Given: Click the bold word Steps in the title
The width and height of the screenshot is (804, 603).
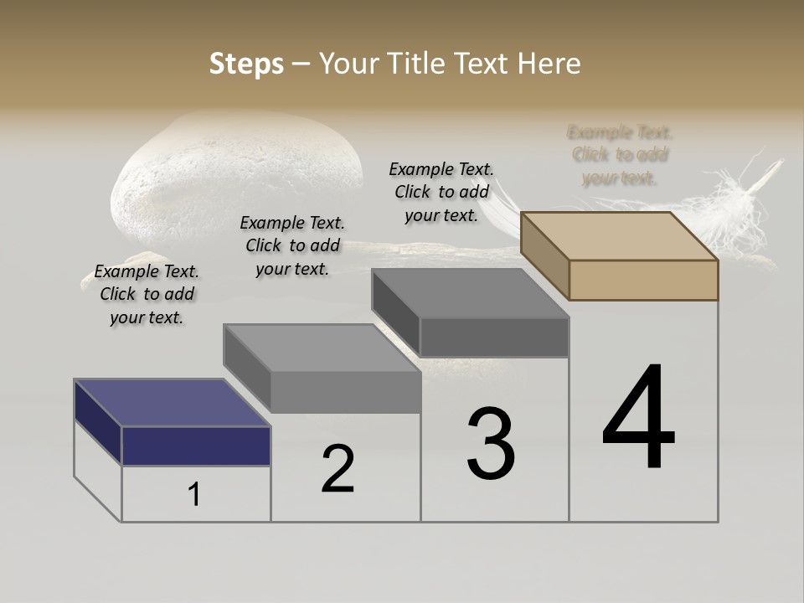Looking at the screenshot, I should pyautogui.click(x=246, y=64).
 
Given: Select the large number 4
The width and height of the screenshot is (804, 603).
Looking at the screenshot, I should pyautogui.click(x=638, y=418).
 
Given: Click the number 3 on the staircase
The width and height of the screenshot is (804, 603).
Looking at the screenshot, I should pyautogui.click(x=491, y=444).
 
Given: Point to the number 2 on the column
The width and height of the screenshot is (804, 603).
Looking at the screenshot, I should pyautogui.click(x=338, y=469).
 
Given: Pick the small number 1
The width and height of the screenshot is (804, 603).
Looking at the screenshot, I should pyautogui.click(x=194, y=495).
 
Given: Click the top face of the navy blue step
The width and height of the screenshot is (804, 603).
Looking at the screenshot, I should pyautogui.click(x=172, y=403).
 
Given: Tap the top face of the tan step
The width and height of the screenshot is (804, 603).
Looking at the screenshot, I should pyautogui.click(x=620, y=236).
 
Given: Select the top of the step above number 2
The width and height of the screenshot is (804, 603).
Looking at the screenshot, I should pyautogui.click(x=322, y=348).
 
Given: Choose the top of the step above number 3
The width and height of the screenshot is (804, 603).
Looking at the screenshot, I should pyautogui.click(x=471, y=293).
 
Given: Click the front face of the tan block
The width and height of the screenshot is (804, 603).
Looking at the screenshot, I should pyautogui.click(x=643, y=280).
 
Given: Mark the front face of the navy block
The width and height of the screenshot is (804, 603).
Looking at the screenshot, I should pyautogui.click(x=196, y=446).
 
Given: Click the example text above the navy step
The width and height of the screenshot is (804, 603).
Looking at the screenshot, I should pyautogui.click(x=147, y=294).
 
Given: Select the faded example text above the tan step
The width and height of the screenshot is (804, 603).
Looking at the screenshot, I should pyautogui.click(x=620, y=155).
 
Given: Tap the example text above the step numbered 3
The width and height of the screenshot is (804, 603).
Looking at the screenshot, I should pyautogui.click(x=441, y=192).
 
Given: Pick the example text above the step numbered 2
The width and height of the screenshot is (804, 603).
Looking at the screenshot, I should pyautogui.click(x=292, y=245).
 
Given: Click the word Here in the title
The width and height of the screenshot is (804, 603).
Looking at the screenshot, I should pyautogui.click(x=552, y=64).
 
